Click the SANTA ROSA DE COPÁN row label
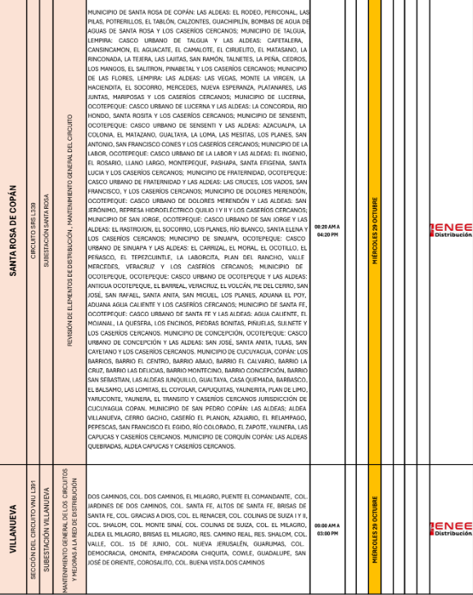[x=14, y=232]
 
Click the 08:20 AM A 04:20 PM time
[x=327, y=231]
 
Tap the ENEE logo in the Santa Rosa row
[x=451, y=231]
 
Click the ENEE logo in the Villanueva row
[x=451, y=529]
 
